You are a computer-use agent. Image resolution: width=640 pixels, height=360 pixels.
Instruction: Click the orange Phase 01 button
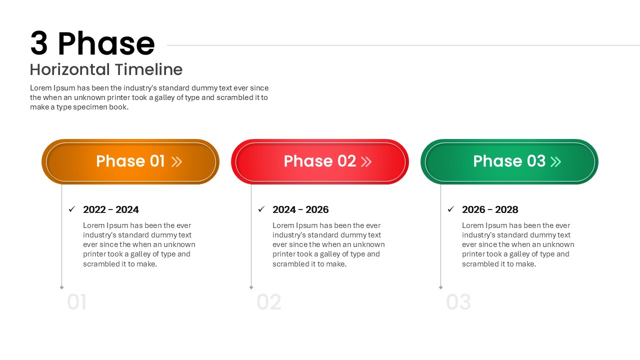(130, 161)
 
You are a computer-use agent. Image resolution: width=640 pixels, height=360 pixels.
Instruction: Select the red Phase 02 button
(320, 161)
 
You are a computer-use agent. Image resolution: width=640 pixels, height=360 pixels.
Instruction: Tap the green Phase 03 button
(509, 161)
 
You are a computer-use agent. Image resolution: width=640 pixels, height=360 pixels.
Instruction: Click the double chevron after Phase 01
(176, 161)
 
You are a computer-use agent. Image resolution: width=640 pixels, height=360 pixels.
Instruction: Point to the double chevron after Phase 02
(366, 161)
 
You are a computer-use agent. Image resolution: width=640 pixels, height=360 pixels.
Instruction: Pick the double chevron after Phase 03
(555, 161)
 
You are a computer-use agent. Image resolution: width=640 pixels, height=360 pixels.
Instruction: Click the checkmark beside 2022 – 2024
(72, 209)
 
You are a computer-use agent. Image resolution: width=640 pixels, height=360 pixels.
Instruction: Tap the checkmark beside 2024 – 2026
(261, 209)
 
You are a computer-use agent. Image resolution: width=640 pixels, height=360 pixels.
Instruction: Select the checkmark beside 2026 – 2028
(451, 209)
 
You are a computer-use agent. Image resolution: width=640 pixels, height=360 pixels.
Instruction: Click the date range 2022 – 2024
(111, 209)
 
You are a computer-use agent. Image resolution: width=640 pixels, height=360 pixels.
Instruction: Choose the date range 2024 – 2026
(300, 209)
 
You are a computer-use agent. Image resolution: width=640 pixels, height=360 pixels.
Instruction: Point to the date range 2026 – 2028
(490, 209)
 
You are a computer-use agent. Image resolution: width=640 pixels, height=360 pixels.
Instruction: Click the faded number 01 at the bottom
(76, 302)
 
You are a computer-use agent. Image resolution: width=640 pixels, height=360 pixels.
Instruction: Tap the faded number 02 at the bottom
(269, 302)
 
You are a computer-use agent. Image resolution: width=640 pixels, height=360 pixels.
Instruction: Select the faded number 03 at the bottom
(458, 302)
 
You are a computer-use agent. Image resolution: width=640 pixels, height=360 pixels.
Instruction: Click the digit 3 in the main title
(39, 43)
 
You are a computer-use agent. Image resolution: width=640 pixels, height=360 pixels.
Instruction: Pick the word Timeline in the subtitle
(149, 69)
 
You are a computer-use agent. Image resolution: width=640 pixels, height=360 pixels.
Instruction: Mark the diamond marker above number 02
(251, 287)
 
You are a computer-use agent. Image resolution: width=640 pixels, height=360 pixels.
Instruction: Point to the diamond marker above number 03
(440, 287)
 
